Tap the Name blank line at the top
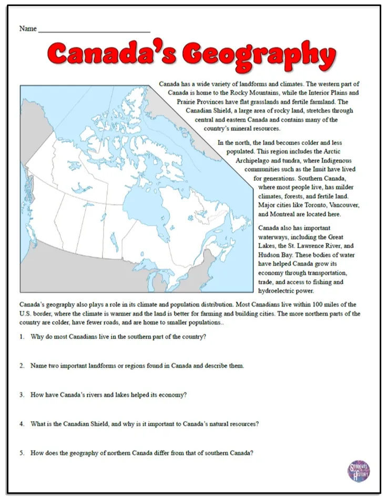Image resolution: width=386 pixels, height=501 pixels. coord(94,29)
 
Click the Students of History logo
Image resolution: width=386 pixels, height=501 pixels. coord(359,471)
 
